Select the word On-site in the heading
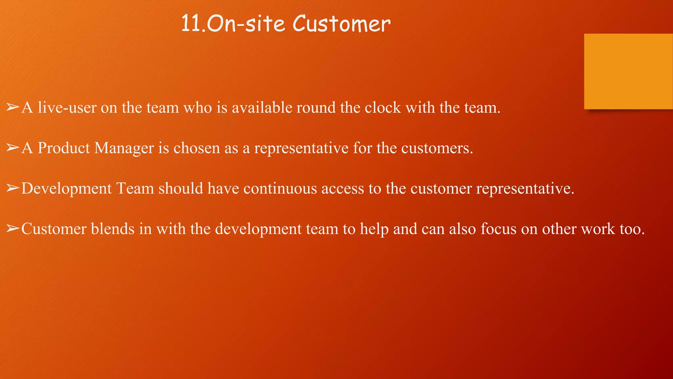point(246,24)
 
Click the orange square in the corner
point(628,71)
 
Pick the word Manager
point(124,148)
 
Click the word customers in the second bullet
point(437,148)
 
